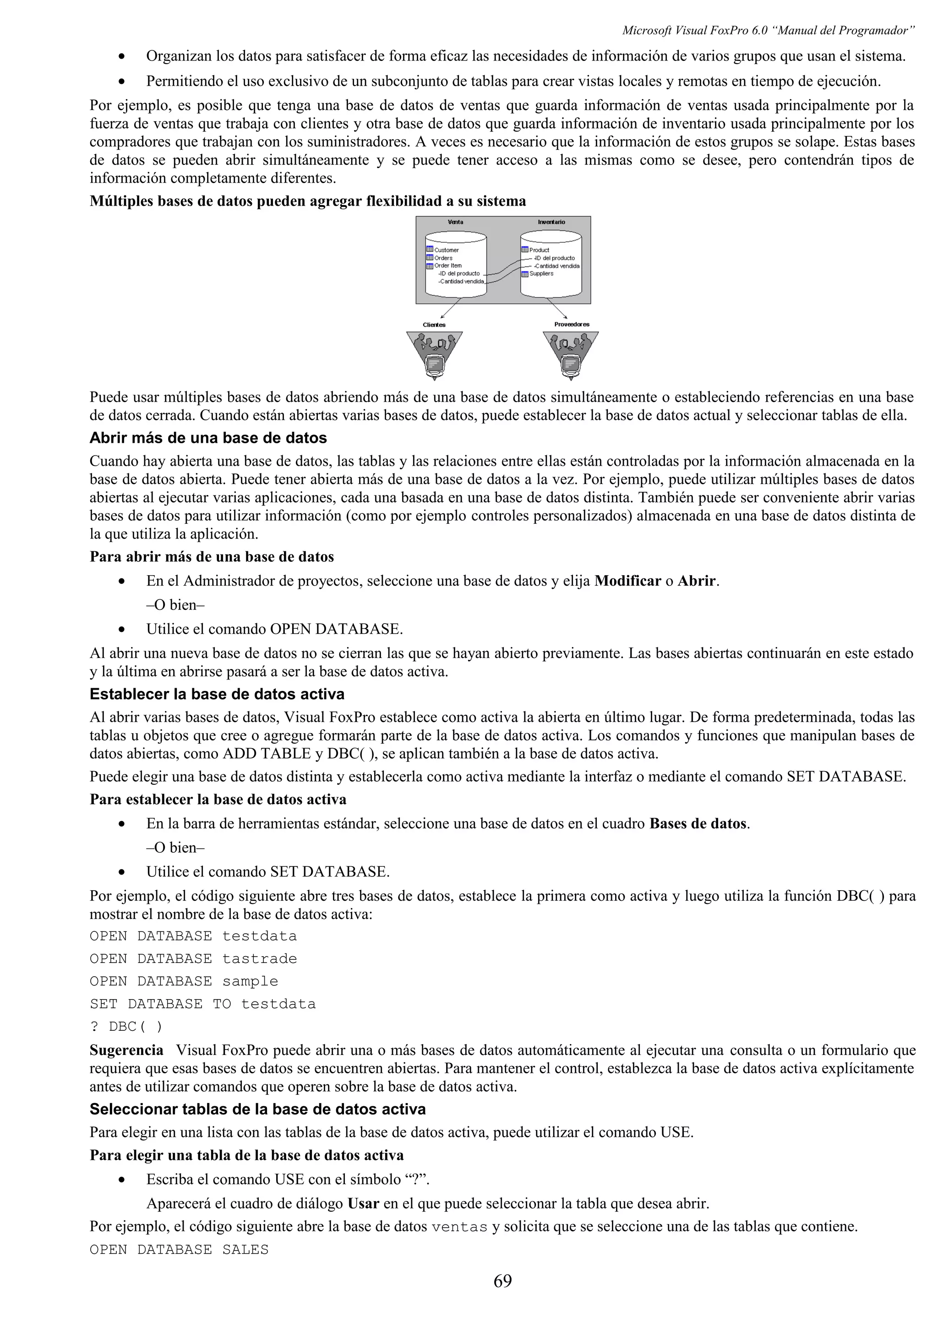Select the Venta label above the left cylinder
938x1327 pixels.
tap(455, 222)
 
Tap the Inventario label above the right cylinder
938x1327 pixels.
tap(551, 222)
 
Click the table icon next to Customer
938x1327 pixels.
tap(430, 250)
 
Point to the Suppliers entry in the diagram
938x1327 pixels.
tap(541, 273)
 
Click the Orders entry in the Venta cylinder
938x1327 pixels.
tap(443, 258)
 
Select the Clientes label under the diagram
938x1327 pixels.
tap(434, 325)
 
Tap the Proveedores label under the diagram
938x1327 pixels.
tap(572, 324)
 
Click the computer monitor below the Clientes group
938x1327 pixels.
tap(435, 364)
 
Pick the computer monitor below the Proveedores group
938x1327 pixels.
tap(571, 364)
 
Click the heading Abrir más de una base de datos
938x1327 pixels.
tap(208, 438)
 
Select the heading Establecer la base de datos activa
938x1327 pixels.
tap(217, 694)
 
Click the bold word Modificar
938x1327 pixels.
tap(627, 581)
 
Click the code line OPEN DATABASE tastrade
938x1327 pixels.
tap(193, 959)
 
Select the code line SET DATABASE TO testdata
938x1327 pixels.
tap(202, 1004)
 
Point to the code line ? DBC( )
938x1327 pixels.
tap(126, 1027)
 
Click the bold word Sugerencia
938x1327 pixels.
tap(126, 1050)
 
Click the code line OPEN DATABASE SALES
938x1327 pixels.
tap(179, 1250)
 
